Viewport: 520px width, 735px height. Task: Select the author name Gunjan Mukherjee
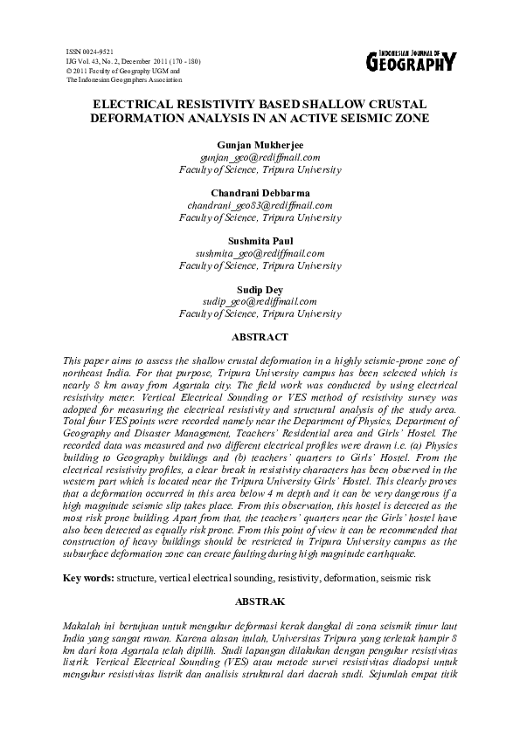point(260,145)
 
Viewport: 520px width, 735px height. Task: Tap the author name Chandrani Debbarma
point(260,192)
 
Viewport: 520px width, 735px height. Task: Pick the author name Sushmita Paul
point(260,240)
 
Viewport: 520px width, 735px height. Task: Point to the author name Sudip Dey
point(260,288)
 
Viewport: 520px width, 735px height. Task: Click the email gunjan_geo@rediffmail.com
point(260,157)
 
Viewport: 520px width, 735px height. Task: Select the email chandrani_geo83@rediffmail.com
point(260,204)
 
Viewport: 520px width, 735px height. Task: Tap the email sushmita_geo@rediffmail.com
point(260,252)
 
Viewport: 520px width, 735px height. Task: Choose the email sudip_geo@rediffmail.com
point(260,300)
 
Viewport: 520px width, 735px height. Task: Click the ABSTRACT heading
point(260,336)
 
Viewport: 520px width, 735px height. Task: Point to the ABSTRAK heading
point(260,601)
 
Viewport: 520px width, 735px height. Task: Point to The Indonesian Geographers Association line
point(124,79)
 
